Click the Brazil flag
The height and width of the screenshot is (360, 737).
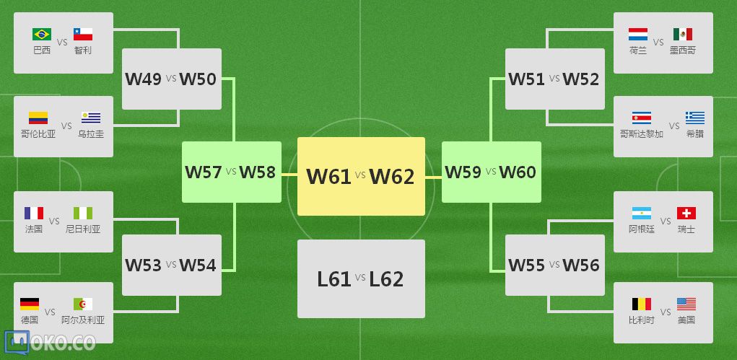(x=42, y=34)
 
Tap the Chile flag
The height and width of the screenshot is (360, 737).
(x=83, y=34)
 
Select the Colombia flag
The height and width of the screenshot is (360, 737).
(x=38, y=118)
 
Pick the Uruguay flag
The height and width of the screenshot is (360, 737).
(x=91, y=118)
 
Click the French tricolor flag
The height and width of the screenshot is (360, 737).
(x=34, y=213)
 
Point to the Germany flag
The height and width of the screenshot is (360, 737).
(x=30, y=304)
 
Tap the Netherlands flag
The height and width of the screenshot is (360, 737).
(x=638, y=34)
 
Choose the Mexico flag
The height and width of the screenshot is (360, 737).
(x=683, y=34)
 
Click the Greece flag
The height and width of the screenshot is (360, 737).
(x=695, y=118)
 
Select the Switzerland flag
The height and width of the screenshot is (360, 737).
(x=686, y=213)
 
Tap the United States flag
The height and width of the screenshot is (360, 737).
(x=686, y=304)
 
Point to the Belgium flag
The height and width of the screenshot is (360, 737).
(x=641, y=304)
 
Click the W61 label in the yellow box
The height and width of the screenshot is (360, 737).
(x=328, y=176)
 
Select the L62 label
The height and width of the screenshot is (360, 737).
(x=386, y=278)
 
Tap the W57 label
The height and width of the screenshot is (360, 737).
(x=204, y=172)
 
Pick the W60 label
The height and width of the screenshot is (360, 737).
(x=518, y=172)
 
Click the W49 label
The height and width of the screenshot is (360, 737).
(x=144, y=79)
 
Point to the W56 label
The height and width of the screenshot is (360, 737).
(x=581, y=265)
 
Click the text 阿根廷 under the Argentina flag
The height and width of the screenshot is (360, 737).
(x=642, y=229)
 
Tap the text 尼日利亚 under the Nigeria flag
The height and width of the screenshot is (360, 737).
(x=83, y=229)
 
